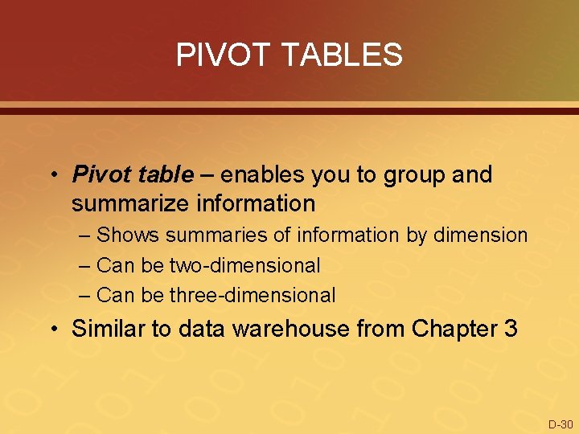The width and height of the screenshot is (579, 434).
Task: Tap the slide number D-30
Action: (560, 424)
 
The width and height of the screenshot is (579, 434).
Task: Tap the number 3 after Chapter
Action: (511, 329)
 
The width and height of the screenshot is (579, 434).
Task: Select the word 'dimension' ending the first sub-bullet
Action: (481, 235)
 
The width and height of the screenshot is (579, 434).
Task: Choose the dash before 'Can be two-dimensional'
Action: (86, 265)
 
